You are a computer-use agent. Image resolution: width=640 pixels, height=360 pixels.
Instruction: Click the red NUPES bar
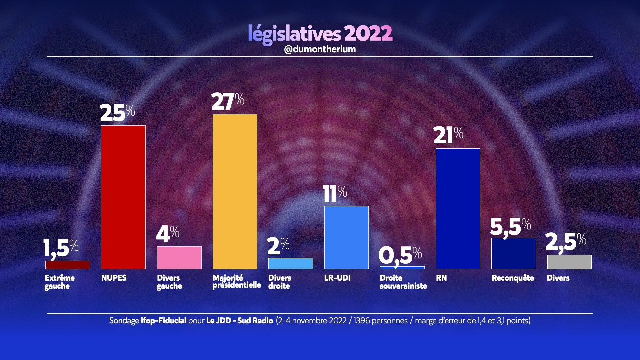(x=123, y=197)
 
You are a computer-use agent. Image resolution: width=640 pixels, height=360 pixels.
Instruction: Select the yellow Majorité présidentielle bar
(x=235, y=192)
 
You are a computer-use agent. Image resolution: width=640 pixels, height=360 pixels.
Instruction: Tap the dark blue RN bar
(x=458, y=209)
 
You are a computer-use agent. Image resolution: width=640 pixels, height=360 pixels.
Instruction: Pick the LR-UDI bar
(x=346, y=237)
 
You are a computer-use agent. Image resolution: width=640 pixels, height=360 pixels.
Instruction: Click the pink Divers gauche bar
(x=179, y=258)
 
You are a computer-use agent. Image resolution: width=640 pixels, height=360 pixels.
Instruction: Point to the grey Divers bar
(x=569, y=262)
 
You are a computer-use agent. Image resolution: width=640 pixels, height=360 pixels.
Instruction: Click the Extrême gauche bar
(x=68, y=265)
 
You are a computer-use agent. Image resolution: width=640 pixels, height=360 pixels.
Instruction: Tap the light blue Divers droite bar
(x=291, y=264)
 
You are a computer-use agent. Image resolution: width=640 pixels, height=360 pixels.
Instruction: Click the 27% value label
(x=228, y=102)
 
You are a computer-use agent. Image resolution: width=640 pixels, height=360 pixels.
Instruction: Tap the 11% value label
(x=335, y=194)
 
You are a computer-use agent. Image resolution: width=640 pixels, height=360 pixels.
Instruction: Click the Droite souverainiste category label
(x=403, y=282)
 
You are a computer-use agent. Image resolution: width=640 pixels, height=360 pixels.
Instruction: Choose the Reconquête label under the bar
(x=513, y=278)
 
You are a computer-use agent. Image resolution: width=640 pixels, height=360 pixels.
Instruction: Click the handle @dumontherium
(x=320, y=49)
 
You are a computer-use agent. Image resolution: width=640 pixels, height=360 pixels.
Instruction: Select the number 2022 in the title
(x=368, y=33)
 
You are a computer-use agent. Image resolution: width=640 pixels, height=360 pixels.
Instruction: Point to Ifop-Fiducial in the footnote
(x=163, y=321)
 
